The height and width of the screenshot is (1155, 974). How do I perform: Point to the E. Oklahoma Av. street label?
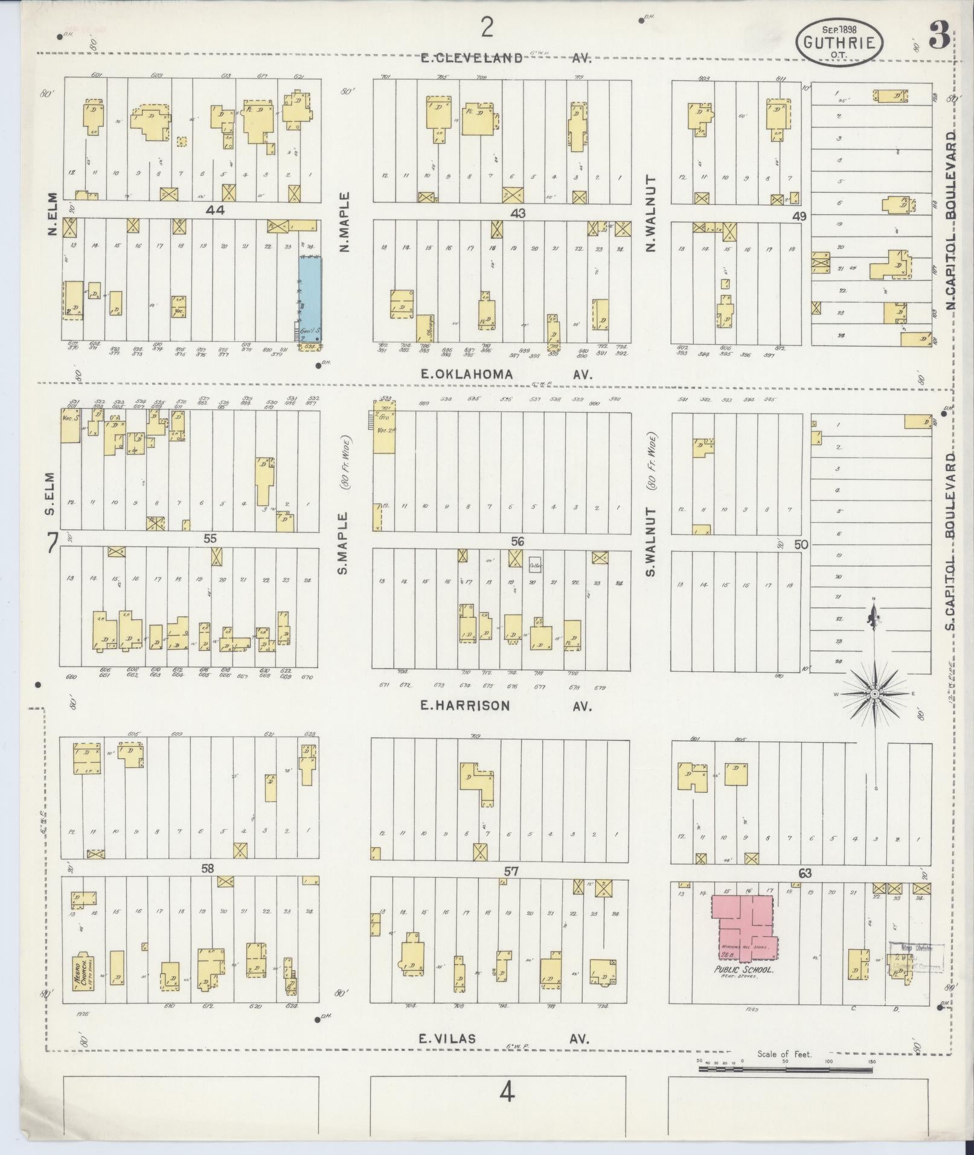tap(506, 374)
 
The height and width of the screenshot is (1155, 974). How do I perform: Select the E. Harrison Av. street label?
tap(506, 705)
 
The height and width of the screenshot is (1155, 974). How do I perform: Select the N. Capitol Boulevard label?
tap(952, 220)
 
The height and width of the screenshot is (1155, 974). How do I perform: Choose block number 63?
tap(804, 873)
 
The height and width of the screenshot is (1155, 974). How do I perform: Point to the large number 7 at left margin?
tap(52, 544)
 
